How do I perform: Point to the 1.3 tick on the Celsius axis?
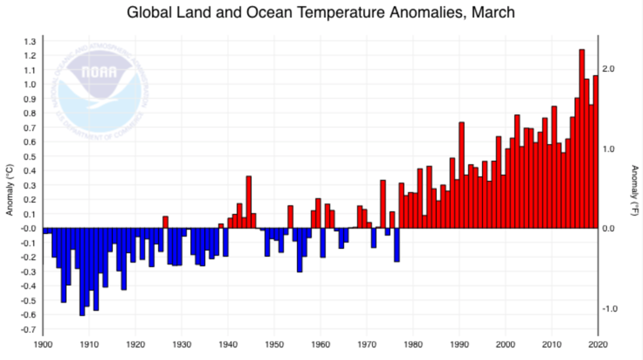pyautogui.click(x=30, y=42)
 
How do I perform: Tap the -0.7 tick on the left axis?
pyautogui.click(x=29, y=330)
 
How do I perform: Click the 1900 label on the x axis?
pyautogui.click(x=43, y=344)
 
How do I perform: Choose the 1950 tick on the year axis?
pyautogui.click(x=274, y=344)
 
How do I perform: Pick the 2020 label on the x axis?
pyautogui.click(x=597, y=344)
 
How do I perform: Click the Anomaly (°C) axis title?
pyautogui.click(x=10, y=190)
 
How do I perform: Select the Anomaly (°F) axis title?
pyautogui.click(x=634, y=190)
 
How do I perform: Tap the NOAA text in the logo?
pyautogui.click(x=99, y=72)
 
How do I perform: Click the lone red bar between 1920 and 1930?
pyautogui.click(x=166, y=222)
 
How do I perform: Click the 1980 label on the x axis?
pyautogui.click(x=413, y=344)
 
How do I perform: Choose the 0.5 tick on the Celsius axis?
pyautogui.click(x=30, y=157)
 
